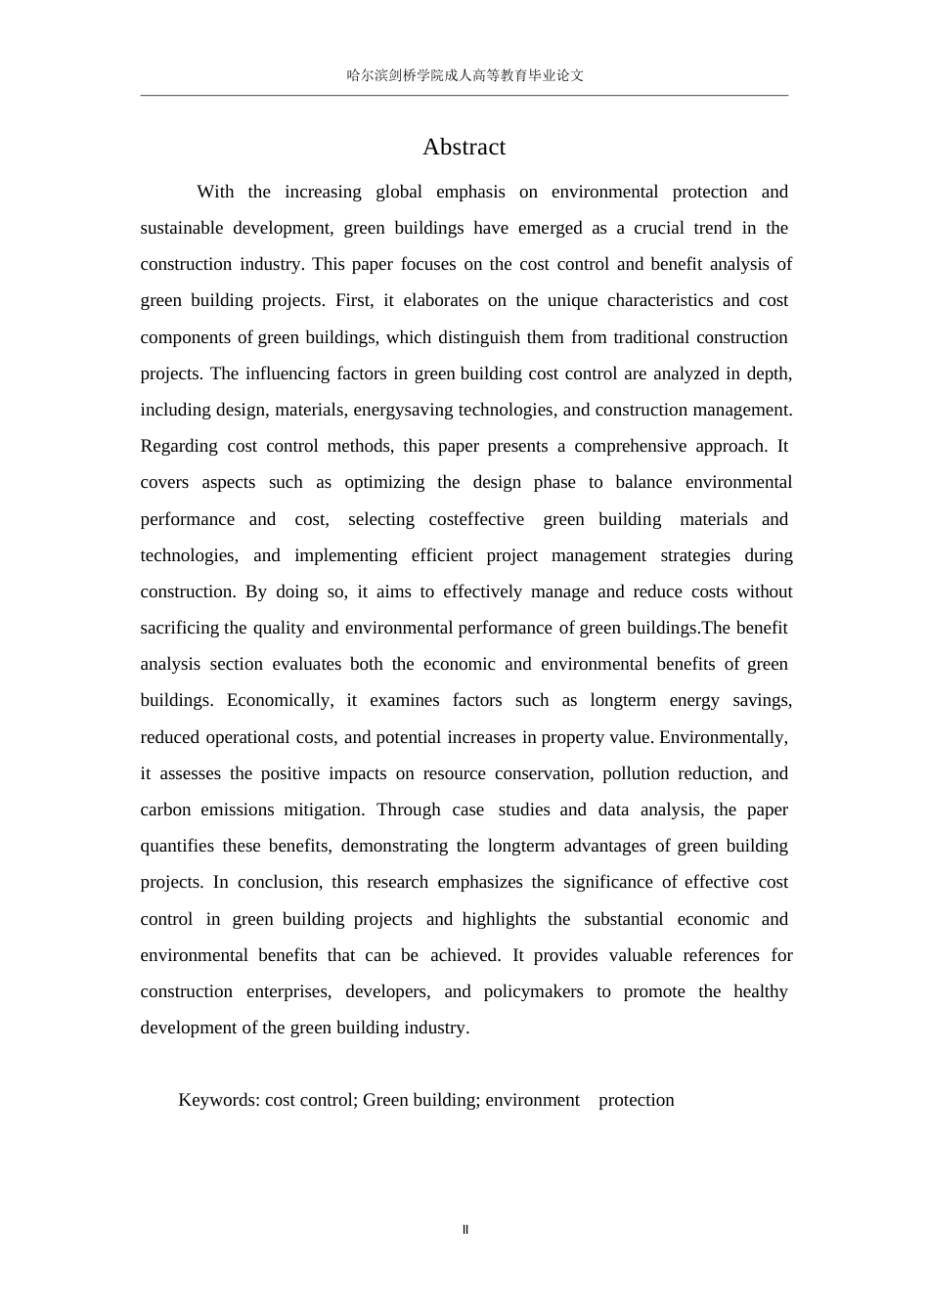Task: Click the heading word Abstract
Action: tap(464, 147)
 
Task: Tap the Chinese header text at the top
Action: tap(464, 75)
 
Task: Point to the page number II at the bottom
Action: tap(465, 1230)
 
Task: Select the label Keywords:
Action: tap(219, 1100)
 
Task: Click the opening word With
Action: tap(215, 192)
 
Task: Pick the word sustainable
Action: tap(182, 228)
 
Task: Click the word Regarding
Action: tap(179, 446)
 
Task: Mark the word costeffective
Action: tap(476, 519)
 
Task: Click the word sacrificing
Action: tap(181, 628)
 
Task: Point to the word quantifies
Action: tap(177, 846)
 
